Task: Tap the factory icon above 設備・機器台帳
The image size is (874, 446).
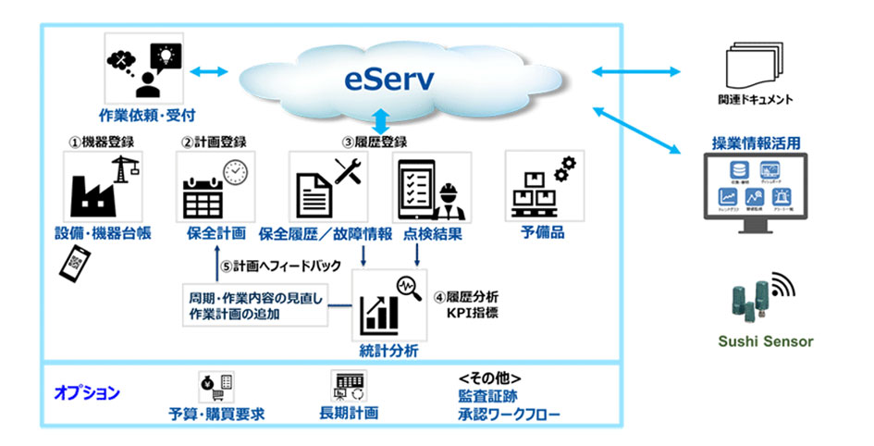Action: (x=98, y=187)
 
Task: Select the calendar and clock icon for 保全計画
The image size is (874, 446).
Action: (x=213, y=187)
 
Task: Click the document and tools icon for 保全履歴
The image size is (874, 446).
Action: (x=327, y=186)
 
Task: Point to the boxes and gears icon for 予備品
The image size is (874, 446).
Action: (x=537, y=186)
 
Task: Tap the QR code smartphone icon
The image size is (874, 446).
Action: (x=73, y=264)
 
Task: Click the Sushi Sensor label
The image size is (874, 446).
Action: (x=766, y=341)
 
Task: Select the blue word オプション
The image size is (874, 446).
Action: (x=87, y=392)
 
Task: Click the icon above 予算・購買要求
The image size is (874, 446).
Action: (x=216, y=383)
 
